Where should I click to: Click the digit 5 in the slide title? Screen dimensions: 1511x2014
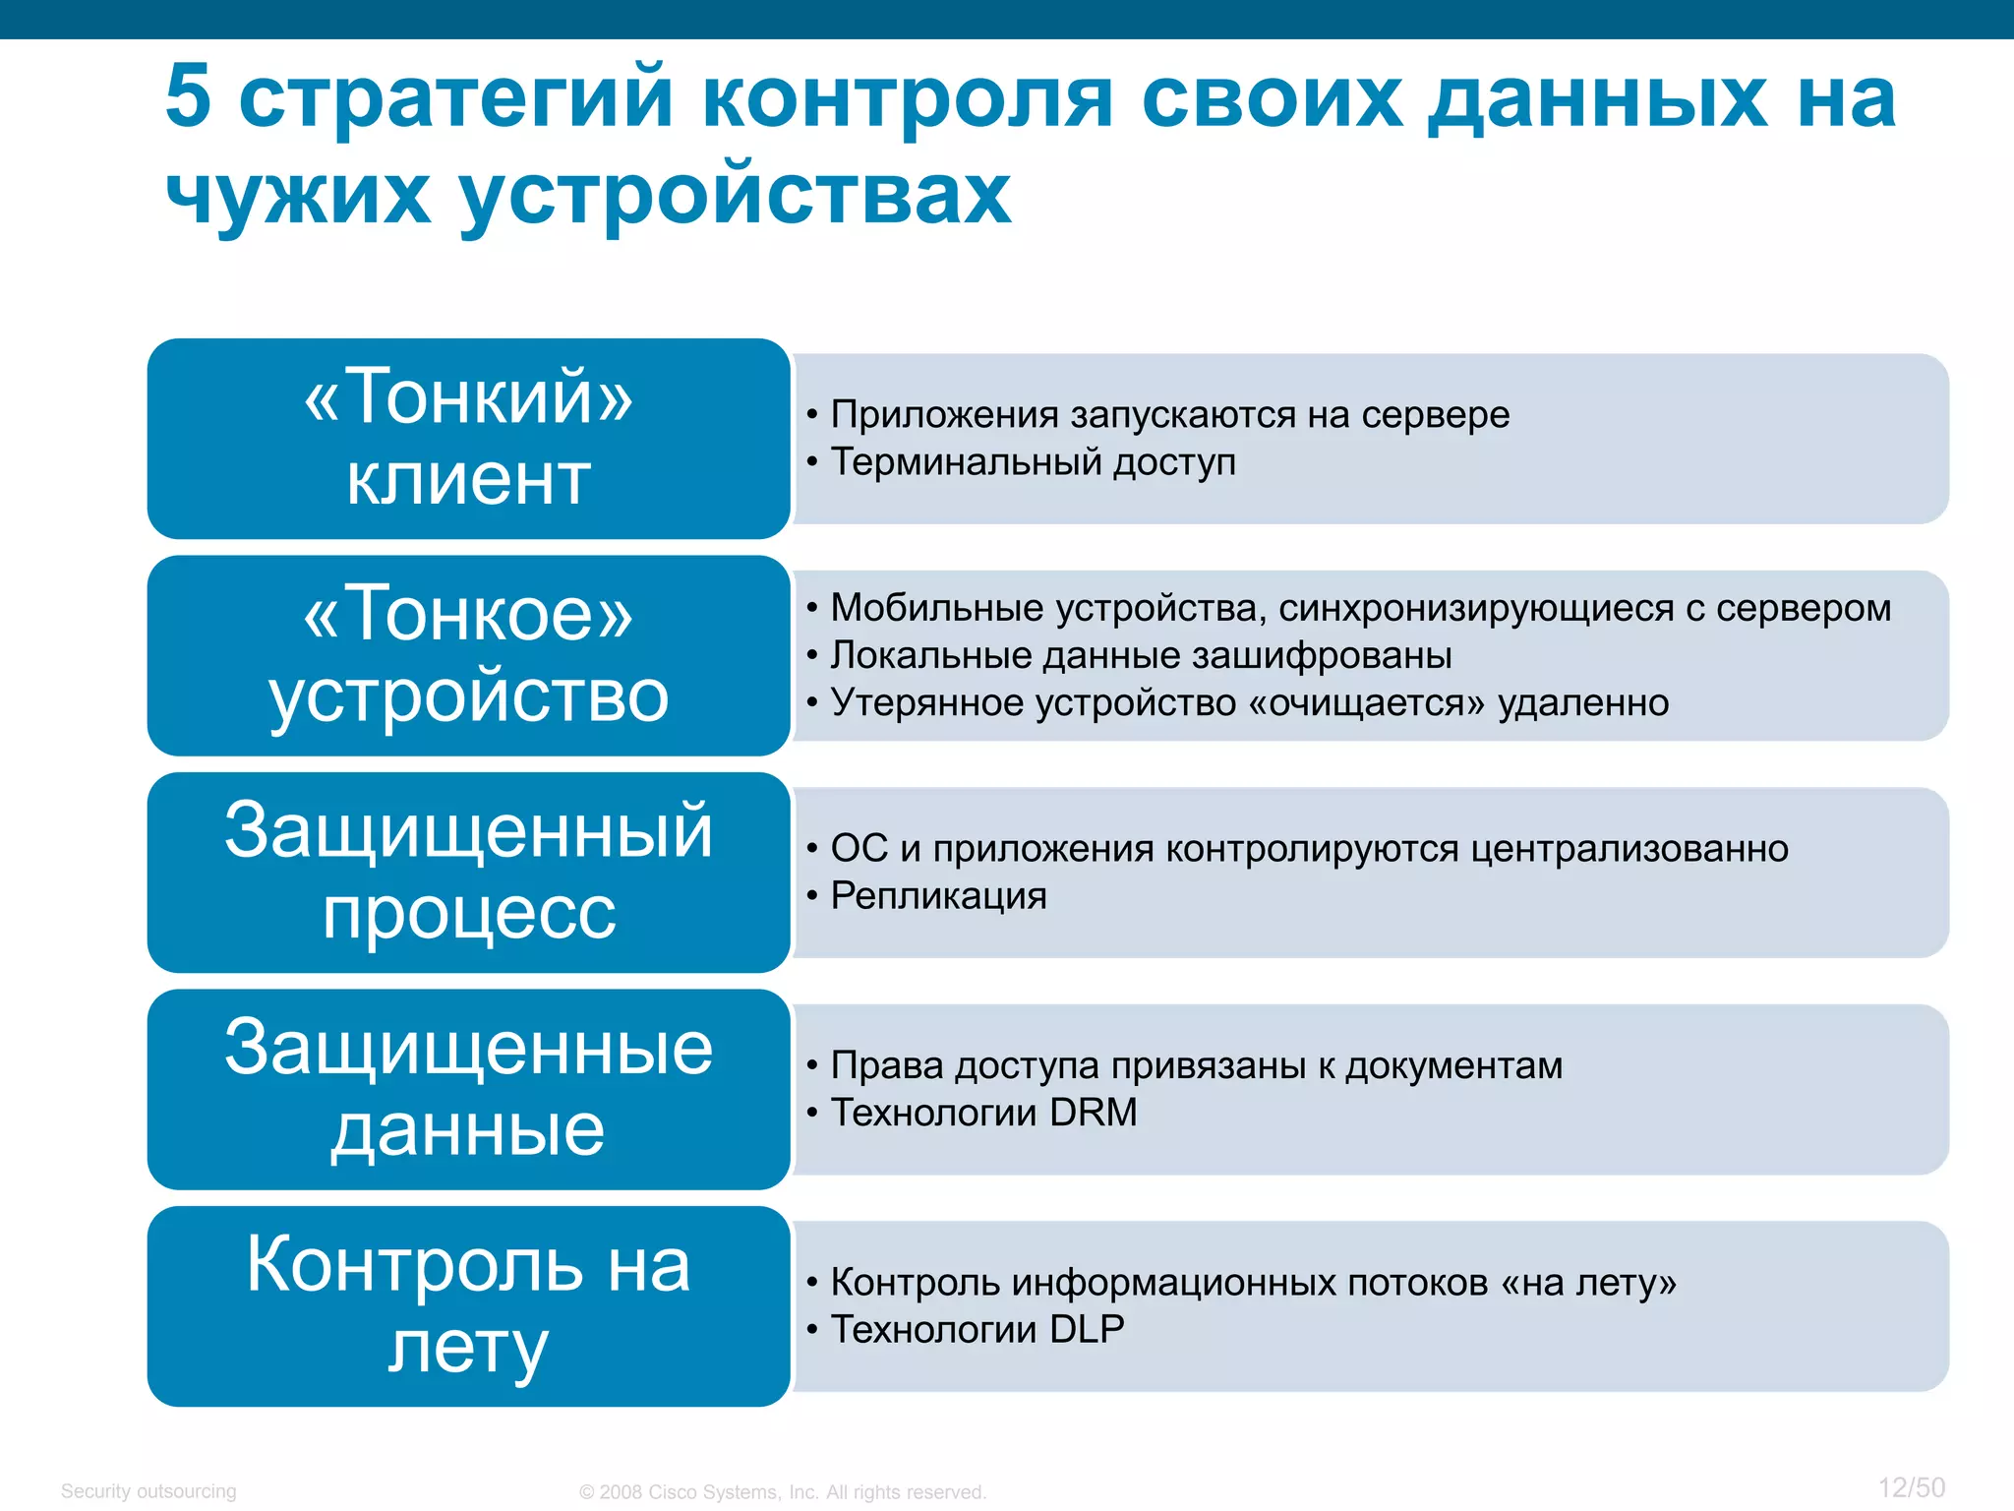(x=189, y=96)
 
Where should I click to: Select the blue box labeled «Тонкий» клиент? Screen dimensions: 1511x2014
(x=468, y=439)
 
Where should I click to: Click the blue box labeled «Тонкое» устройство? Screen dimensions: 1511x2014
(x=468, y=655)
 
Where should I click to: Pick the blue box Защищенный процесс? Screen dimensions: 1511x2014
(x=468, y=873)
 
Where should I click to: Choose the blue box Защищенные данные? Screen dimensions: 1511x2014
(x=468, y=1089)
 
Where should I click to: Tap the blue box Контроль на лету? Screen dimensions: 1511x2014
(x=468, y=1306)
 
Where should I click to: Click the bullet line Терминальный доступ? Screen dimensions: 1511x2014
(x=1033, y=461)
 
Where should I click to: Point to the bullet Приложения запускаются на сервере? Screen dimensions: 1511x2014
(x=1169, y=414)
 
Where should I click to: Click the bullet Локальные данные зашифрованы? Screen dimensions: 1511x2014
(x=1141, y=655)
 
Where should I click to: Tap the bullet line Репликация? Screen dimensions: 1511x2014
(x=938, y=895)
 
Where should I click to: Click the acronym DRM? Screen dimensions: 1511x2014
(x=1093, y=1113)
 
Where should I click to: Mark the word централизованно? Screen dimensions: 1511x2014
(x=1629, y=848)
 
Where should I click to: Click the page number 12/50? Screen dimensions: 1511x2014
(x=1911, y=1487)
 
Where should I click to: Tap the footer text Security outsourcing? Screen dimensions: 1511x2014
(x=148, y=1491)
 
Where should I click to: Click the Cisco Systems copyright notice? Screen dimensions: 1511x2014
(x=783, y=1492)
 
